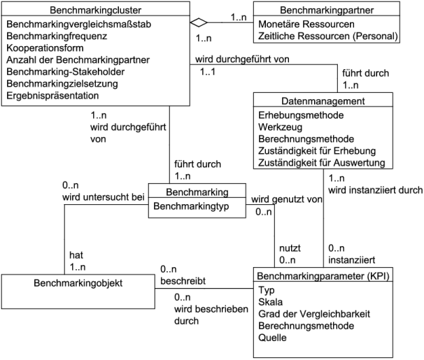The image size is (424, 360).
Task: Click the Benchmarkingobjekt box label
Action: click(77, 285)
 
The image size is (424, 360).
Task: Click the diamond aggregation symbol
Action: click(202, 21)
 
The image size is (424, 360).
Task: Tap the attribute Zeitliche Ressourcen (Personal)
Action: click(320, 36)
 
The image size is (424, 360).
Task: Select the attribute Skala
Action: click(270, 302)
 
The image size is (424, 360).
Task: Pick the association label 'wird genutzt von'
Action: click(286, 199)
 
